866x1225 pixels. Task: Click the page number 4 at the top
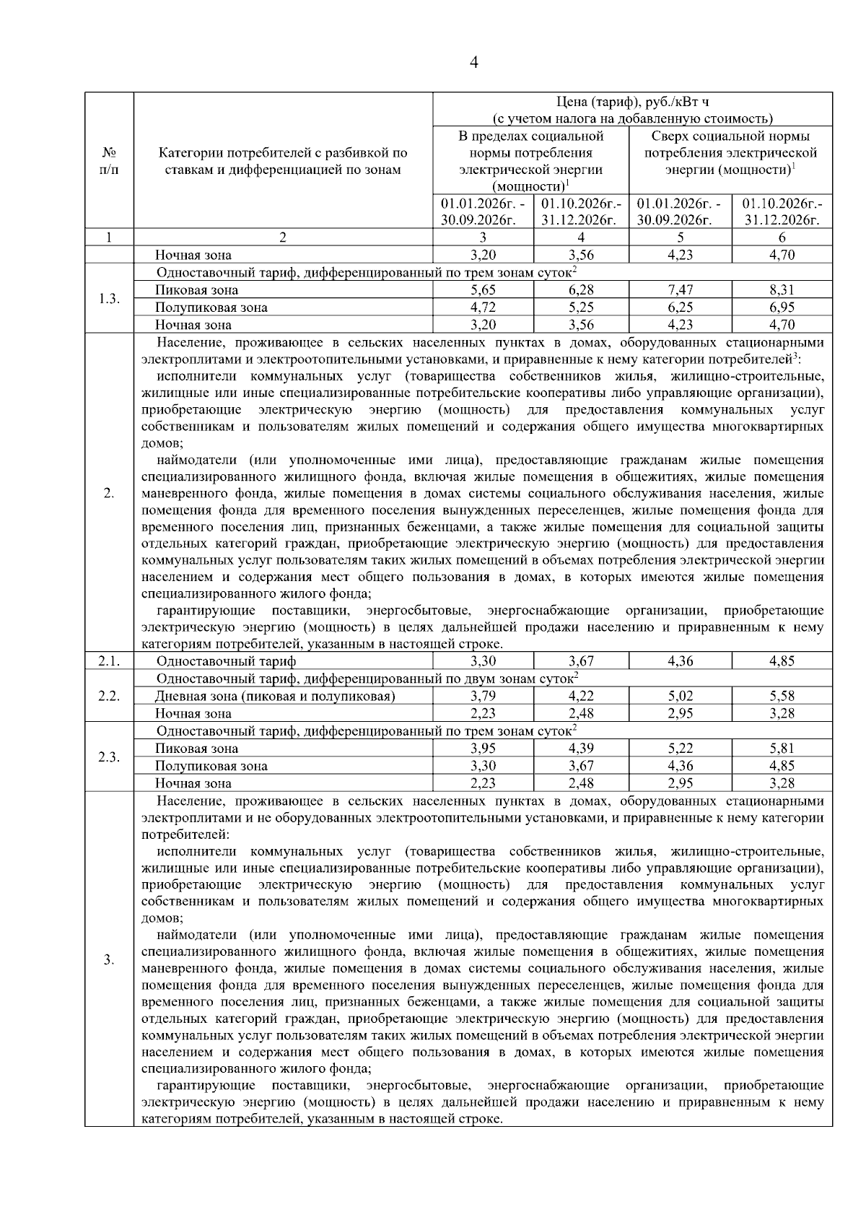[x=473, y=62]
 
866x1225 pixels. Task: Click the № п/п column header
[x=109, y=162]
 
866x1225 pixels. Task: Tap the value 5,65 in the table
[x=483, y=290]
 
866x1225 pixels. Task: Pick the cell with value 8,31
[x=782, y=290]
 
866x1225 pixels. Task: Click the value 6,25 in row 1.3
[x=680, y=308]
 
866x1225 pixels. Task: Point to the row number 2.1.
[x=109, y=661]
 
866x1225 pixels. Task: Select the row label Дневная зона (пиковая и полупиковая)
[x=275, y=697]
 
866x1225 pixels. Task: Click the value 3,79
[x=483, y=697]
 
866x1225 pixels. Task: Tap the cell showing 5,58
[x=782, y=697]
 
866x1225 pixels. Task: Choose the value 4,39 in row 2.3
[x=581, y=749]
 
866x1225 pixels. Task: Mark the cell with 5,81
[x=782, y=749]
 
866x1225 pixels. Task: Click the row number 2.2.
[x=109, y=696]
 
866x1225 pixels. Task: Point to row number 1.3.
[x=109, y=299]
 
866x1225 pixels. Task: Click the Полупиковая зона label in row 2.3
[x=211, y=766]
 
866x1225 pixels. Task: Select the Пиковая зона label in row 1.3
[x=196, y=290]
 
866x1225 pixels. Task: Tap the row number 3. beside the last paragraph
[x=109, y=960]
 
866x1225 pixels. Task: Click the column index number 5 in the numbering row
[x=680, y=237]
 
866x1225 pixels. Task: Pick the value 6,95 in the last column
[x=782, y=308]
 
